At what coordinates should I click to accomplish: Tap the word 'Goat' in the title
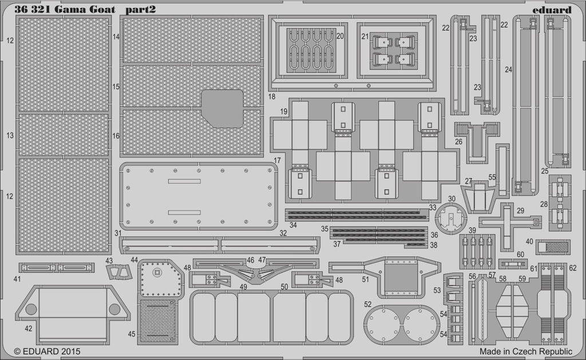[102, 10]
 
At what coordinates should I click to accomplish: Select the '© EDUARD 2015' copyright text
[47, 351]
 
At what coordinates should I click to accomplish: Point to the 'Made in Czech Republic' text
[525, 351]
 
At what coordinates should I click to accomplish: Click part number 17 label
[277, 161]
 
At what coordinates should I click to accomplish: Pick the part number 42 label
[29, 329]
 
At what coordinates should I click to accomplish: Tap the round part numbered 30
[452, 218]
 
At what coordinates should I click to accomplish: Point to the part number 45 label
[131, 334]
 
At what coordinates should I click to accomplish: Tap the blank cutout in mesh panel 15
[223, 108]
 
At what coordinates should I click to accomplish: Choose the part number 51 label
[365, 279]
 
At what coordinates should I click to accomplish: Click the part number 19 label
[284, 112]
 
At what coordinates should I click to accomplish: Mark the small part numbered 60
[511, 264]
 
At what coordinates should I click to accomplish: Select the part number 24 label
[508, 69]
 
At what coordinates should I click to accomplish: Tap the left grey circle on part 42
[31, 309]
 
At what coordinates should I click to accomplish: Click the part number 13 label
[10, 135]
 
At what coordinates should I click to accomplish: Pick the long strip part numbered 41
[57, 268]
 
